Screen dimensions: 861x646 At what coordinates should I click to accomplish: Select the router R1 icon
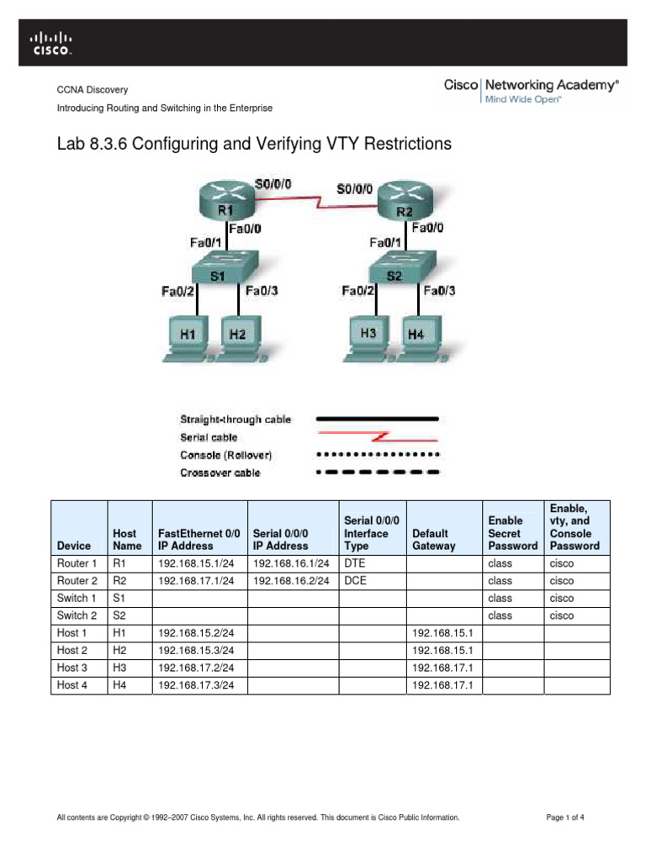225,203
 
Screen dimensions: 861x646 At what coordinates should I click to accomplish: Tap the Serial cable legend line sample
377,437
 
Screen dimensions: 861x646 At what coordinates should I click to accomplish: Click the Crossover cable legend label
220,473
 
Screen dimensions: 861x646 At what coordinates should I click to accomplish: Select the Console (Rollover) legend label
226,455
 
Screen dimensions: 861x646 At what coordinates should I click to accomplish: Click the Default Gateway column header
434,539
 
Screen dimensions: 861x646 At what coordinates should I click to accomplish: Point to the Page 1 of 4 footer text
565,817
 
